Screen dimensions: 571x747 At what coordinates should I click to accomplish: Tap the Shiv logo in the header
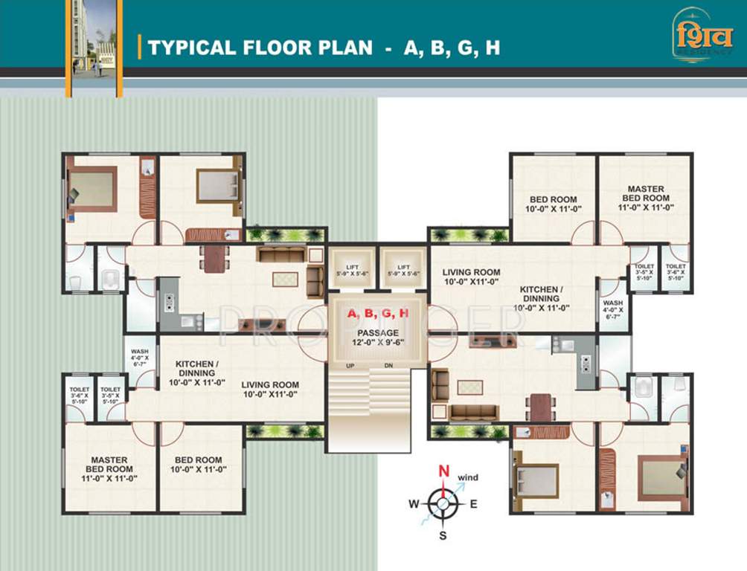702,34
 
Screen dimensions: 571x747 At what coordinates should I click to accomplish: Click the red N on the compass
443,471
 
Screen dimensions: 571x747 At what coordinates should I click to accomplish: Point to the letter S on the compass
443,535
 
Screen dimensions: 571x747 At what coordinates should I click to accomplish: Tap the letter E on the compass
473,504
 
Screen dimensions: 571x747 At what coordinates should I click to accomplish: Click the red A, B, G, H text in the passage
378,313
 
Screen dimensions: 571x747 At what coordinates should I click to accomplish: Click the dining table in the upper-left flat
214,258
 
